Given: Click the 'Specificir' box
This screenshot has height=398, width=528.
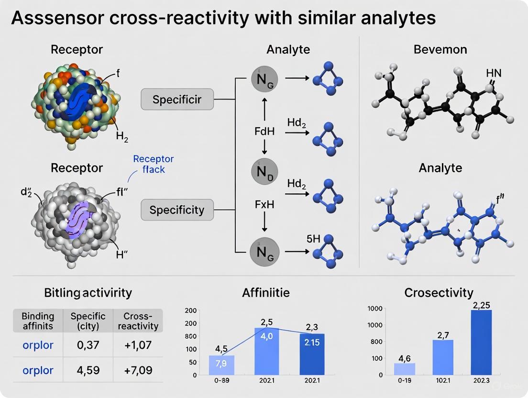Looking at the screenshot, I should [x=176, y=99].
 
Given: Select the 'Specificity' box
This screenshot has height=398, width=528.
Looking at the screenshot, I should [x=176, y=210].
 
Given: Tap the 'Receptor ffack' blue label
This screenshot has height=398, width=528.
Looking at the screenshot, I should [x=153, y=164].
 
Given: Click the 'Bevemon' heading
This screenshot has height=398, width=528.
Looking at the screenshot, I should [x=440, y=49].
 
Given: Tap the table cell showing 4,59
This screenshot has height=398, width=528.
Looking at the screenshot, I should [x=88, y=370].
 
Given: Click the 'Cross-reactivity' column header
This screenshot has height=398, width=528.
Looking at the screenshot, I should [x=141, y=321].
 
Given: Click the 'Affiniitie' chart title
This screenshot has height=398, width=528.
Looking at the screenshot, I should [x=265, y=293].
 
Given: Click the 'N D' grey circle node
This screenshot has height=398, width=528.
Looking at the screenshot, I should [x=264, y=170].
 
